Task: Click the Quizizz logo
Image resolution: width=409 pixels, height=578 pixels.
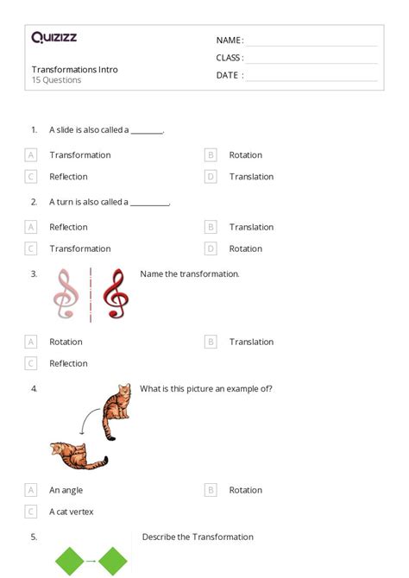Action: point(53,37)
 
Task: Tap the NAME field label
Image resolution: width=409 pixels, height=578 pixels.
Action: point(230,41)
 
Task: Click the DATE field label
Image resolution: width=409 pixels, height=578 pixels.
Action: point(229,75)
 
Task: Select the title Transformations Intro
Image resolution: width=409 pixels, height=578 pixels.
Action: point(75,69)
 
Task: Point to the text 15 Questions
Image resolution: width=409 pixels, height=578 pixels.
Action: point(57,80)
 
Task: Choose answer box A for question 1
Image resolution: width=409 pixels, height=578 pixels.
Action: point(31,155)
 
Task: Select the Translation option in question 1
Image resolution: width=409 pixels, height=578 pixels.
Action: point(251,177)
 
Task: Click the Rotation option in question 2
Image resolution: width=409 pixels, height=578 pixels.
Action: point(245,248)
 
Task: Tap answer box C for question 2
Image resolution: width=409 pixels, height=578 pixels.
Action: point(31,248)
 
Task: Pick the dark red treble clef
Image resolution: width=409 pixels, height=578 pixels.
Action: point(114,295)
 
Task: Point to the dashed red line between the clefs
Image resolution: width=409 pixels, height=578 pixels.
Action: point(91,295)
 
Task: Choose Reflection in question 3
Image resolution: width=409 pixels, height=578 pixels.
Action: point(68,363)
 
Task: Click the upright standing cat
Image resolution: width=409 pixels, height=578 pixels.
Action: point(116,413)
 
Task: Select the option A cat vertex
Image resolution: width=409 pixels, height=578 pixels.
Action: point(71,512)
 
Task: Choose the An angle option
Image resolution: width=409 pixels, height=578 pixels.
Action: point(67,490)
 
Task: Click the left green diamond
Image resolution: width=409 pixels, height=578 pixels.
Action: point(70,562)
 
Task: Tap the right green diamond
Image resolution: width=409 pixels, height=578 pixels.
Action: point(112,562)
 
